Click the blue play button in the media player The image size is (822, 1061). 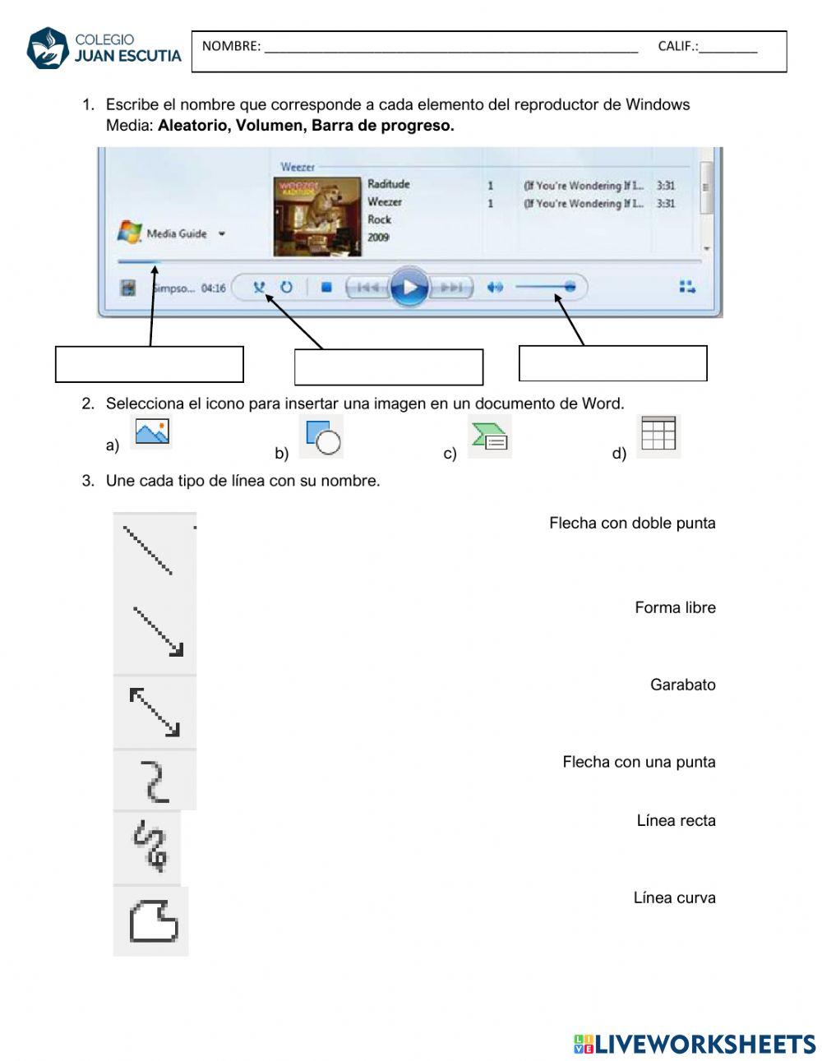409,288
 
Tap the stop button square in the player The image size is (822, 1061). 326,288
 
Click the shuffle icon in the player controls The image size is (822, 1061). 260,288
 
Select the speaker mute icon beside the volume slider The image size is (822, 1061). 494,288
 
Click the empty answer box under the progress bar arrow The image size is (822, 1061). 150,364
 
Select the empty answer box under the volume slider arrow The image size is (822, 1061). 612,363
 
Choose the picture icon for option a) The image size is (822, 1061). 152,432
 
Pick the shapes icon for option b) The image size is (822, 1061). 322,437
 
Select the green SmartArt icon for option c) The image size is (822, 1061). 490,436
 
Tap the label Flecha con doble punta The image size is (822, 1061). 632,524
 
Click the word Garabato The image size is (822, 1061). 682,685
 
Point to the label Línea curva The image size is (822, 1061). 674,898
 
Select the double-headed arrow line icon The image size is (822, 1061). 155,712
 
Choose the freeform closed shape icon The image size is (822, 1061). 153,920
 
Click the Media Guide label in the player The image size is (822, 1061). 176,234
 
